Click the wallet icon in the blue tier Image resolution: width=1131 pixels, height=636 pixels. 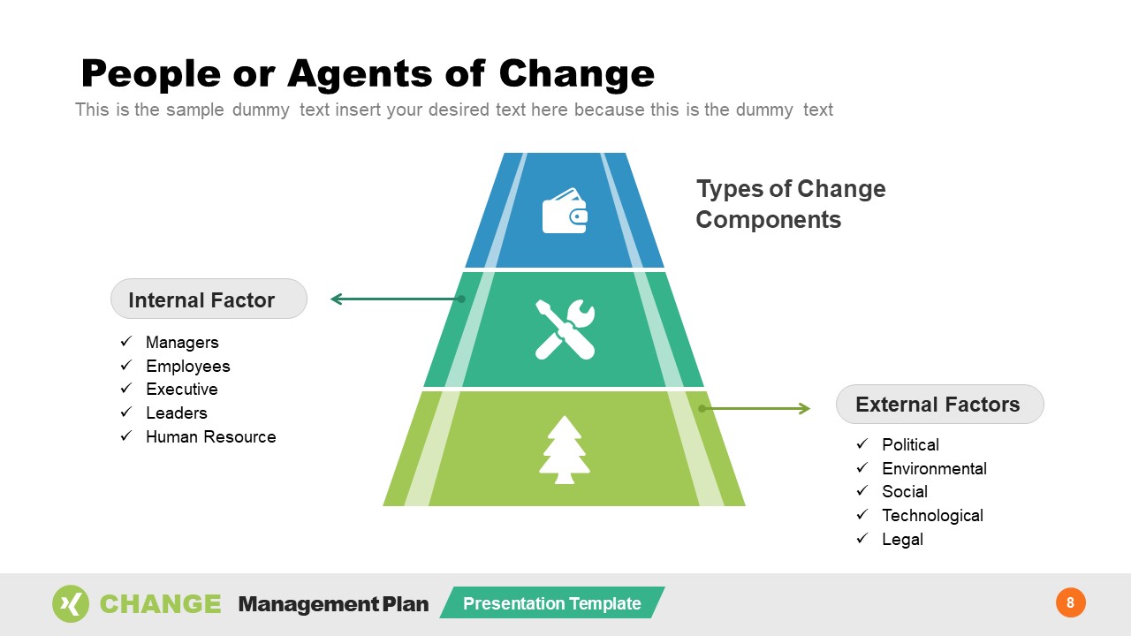click(565, 211)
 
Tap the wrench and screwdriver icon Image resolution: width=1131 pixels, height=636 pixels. click(565, 329)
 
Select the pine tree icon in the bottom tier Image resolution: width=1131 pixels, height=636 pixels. click(564, 450)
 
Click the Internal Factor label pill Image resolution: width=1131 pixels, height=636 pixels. click(209, 299)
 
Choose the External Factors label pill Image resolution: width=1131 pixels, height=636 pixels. click(939, 405)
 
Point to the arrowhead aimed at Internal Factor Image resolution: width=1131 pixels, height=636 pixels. click(337, 299)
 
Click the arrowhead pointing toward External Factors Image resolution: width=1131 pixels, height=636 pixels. click(804, 408)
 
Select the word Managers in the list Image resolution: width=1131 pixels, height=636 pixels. click(182, 343)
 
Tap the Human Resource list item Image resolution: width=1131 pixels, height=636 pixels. click(210, 437)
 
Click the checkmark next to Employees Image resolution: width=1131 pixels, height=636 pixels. click(126, 366)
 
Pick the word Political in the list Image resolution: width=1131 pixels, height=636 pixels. click(910, 445)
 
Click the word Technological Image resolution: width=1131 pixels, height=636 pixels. click(932, 516)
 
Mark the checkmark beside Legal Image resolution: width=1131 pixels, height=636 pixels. click(862, 539)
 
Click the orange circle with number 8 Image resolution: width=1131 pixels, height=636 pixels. click(1070, 603)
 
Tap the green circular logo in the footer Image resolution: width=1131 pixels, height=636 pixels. click(71, 604)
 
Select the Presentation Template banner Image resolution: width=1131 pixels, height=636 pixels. click(552, 603)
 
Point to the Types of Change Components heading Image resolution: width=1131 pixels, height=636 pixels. click(790, 204)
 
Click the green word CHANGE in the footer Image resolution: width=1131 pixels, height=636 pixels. click(160, 604)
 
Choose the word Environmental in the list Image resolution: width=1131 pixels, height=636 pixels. click(934, 469)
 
